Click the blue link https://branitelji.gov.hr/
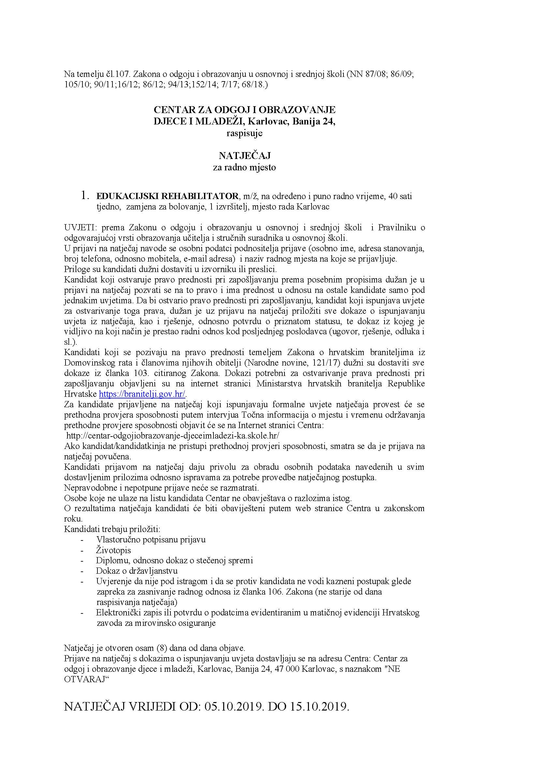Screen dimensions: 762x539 142,394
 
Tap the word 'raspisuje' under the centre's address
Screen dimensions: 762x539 244,134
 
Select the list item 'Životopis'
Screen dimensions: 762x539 113,550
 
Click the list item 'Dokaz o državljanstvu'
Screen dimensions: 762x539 137,571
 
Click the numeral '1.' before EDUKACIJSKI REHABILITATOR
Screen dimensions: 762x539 85,196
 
